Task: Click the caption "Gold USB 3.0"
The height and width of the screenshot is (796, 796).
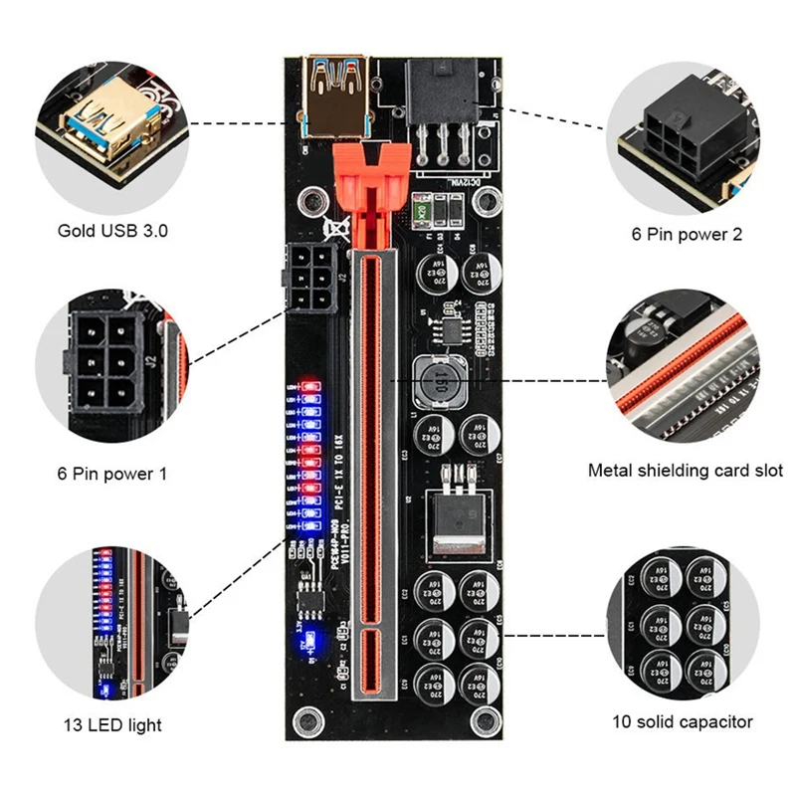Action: click(111, 231)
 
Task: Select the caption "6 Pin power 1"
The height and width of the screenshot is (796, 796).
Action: click(111, 474)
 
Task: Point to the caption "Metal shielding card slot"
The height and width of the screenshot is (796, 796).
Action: click(685, 470)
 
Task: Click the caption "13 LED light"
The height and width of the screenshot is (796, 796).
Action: click(111, 724)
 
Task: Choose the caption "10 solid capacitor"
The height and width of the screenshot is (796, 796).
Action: click(684, 721)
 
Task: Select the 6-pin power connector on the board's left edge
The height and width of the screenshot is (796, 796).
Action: click(311, 277)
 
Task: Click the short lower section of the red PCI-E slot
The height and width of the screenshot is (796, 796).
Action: click(366, 663)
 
